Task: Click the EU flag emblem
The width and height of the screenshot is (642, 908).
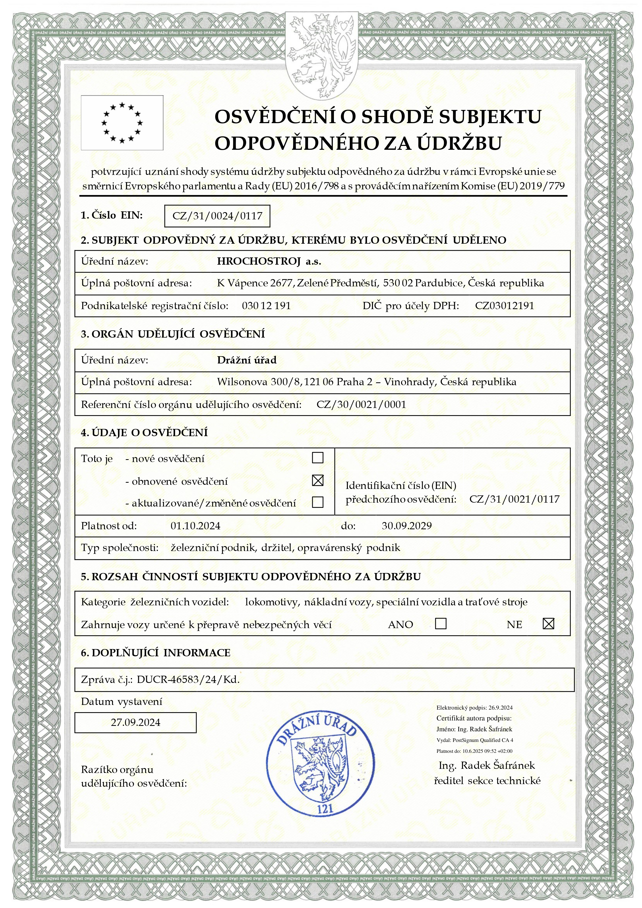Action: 122,123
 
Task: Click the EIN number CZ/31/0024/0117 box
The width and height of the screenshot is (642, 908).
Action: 217,216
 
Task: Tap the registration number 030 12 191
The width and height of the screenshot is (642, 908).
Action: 266,306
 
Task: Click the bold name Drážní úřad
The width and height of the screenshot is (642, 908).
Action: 247,360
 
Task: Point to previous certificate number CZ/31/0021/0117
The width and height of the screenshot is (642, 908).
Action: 514,499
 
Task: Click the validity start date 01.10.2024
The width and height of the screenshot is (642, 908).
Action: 195,526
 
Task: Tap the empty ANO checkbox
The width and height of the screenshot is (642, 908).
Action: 441,624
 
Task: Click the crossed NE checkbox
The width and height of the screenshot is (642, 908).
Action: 548,624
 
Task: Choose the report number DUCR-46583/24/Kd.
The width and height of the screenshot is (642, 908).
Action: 188,680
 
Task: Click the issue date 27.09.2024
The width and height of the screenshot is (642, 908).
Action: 135,723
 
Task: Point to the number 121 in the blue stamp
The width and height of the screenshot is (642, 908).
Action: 325,809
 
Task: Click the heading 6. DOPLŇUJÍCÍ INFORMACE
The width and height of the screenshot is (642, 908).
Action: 155,653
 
